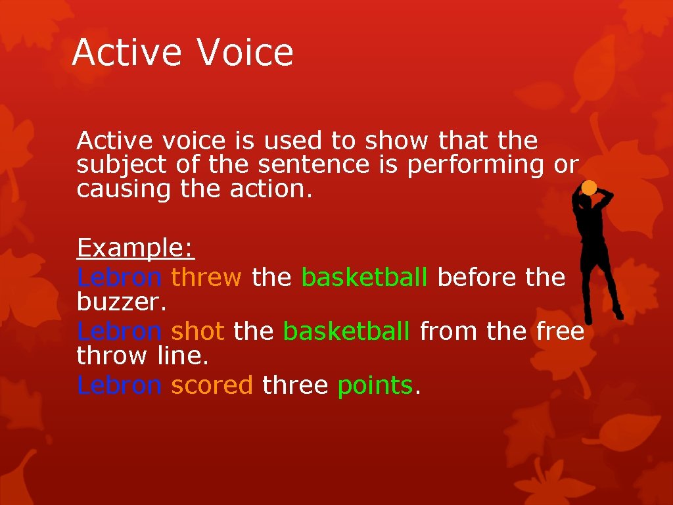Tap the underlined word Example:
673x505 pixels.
point(135,249)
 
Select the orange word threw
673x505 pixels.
point(206,277)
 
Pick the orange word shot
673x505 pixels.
point(198,331)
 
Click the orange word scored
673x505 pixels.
point(212,385)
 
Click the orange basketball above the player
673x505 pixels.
point(589,188)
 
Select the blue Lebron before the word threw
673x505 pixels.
point(119,277)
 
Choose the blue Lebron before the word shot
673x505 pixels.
point(119,331)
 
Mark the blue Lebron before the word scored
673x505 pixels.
point(119,385)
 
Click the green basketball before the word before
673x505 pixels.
point(365,277)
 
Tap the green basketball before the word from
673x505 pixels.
point(346,331)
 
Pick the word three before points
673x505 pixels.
point(294,385)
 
